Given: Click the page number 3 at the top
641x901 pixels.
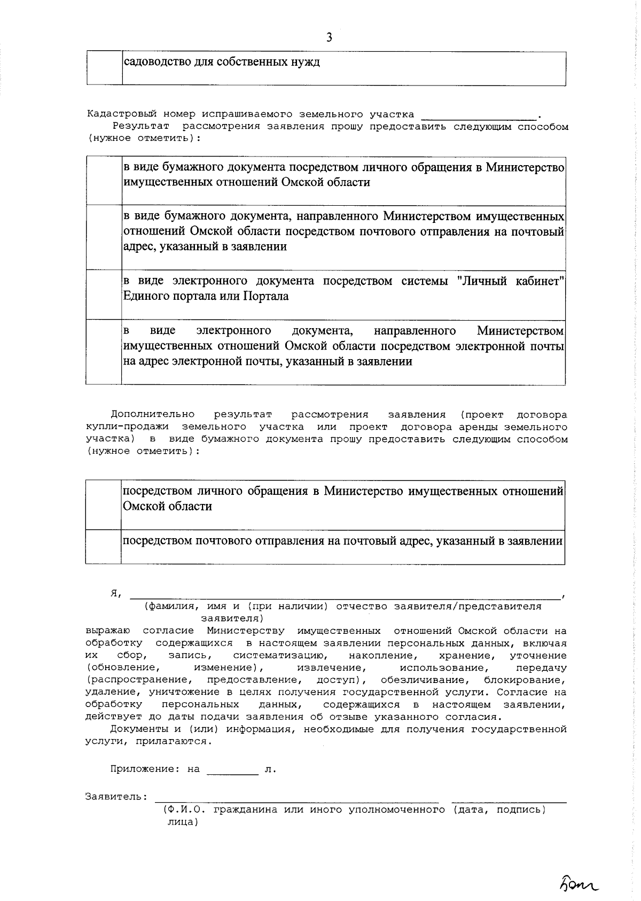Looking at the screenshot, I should coord(329,37).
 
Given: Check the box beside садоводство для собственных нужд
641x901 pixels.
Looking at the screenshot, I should coord(105,68).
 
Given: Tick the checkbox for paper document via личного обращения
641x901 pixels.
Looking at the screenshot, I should coord(104,180).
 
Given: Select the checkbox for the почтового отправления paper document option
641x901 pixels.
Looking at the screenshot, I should coord(104,237).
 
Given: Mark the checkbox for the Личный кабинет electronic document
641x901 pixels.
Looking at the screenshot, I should coord(104,294).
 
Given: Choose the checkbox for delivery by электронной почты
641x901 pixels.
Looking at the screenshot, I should coord(104,352).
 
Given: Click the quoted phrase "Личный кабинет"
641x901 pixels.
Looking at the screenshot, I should coord(511,281).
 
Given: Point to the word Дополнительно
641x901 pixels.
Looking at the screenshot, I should coord(153,415).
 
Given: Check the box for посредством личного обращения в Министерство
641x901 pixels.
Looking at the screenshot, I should coord(103,504).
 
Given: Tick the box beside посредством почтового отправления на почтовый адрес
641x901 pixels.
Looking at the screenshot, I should coord(103,546).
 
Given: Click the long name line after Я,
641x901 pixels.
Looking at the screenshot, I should coord(345,596).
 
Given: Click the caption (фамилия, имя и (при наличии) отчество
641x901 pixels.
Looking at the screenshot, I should coord(342,607).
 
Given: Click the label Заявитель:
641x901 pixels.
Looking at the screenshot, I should coord(116,797).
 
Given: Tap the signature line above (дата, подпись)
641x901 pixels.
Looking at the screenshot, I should coord(509,800).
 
